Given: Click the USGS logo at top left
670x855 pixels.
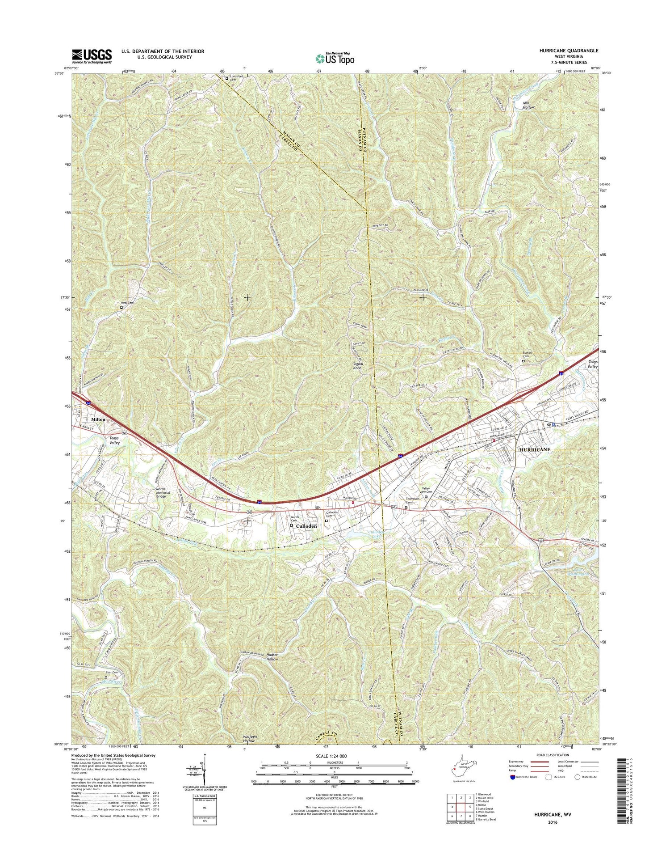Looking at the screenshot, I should coord(92,56).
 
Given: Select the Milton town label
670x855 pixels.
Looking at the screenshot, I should coord(98,419).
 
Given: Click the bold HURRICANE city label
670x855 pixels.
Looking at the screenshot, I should coord(534,449).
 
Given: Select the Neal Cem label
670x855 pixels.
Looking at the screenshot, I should coord(127,303).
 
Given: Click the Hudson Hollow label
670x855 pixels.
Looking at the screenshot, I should coord(272,656).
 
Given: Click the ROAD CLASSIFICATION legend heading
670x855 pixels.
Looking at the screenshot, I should coord(550,755).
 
